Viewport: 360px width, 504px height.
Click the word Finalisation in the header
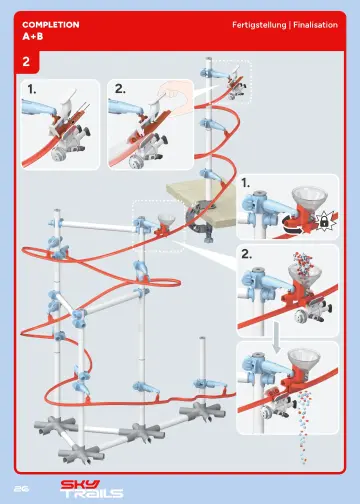coord(315,22)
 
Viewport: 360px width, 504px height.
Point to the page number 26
coord(20,487)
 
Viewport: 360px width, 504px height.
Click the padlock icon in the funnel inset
coord(323,218)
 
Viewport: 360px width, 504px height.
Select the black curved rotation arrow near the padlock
coord(296,226)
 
